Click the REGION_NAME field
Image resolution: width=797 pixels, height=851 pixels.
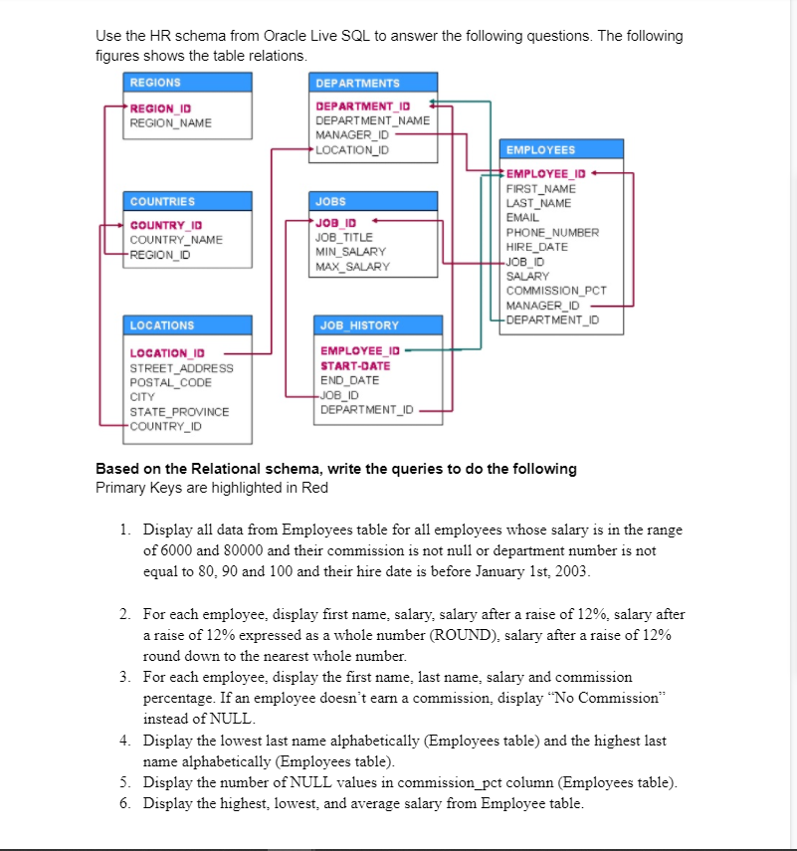point(171,122)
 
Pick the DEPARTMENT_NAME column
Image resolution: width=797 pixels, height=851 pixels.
point(372,120)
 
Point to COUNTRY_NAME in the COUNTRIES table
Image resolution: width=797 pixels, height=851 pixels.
point(176,240)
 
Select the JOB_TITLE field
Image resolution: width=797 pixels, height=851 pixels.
point(343,238)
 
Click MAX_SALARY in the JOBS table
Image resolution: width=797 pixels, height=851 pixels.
point(352,267)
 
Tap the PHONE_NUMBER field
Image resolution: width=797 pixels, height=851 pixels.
point(552,232)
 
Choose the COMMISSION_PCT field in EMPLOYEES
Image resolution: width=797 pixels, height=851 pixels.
point(556,291)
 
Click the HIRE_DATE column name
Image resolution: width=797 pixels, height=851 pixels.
point(536,247)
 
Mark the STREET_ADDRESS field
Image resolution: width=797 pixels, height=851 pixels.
point(182,368)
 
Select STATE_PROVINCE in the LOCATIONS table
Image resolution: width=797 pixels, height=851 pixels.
point(179,412)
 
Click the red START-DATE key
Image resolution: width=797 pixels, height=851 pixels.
point(355,365)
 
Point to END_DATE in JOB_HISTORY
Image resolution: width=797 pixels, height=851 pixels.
point(349,380)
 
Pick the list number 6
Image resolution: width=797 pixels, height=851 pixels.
point(124,803)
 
